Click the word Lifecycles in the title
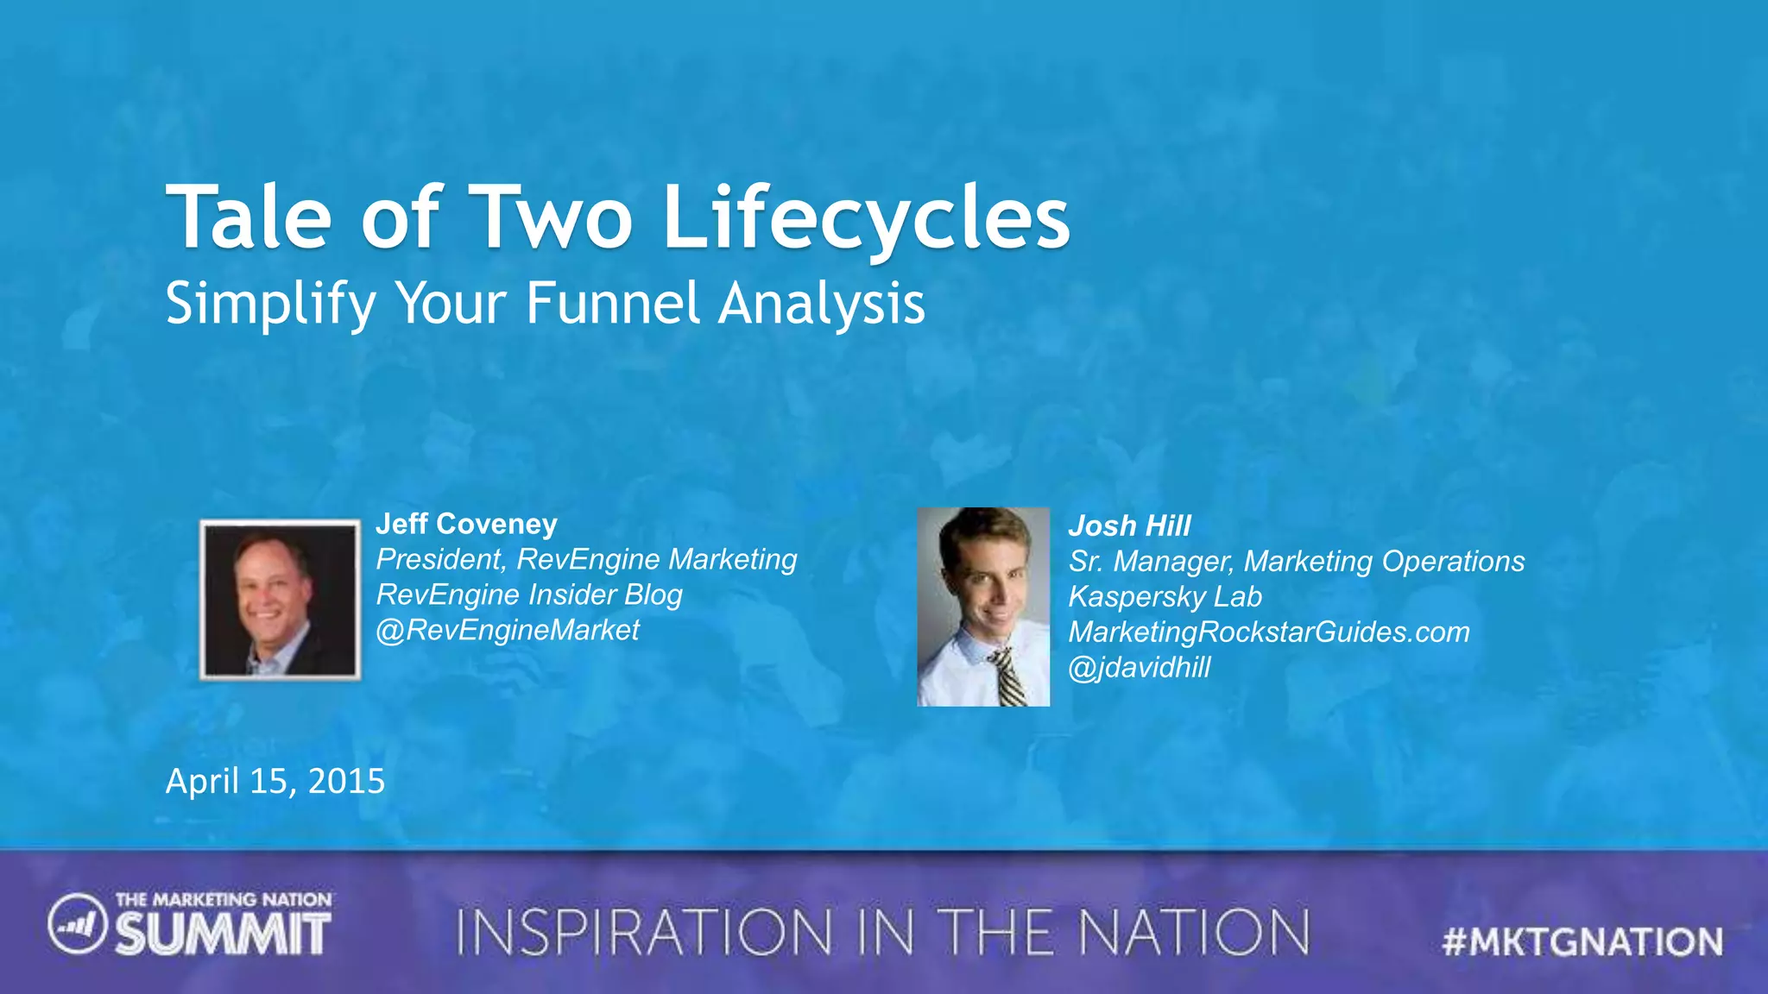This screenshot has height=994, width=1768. tap(866, 217)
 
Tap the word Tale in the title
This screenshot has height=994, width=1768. tap(249, 217)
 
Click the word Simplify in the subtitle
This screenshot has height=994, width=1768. tap(270, 304)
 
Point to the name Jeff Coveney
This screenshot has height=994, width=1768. tap(466, 524)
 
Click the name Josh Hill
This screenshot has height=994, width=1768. tap(1129, 525)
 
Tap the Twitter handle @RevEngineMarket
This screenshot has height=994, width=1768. tap(508, 630)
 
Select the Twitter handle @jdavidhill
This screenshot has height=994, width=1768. tap(1140, 667)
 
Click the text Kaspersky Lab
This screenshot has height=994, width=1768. tap(1165, 596)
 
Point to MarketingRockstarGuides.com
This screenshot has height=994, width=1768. tap(1269, 632)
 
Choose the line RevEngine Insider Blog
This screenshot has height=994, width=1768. tap(529, 595)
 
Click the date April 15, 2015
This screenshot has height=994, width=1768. tap(275, 781)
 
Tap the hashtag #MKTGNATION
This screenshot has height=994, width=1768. tap(1582, 941)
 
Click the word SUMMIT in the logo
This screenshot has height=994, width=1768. tap(223, 934)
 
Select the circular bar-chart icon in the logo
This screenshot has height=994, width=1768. tap(77, 925)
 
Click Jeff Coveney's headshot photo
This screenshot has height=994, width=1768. tap(280, 600)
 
